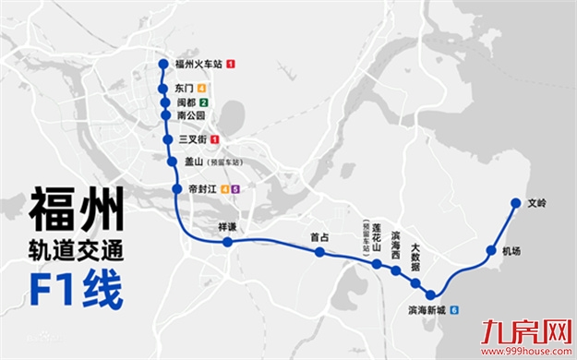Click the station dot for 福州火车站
pyautogui.click(x=165, y=64)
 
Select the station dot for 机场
pyautogui.click(x=491, y=250)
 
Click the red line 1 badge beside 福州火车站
pyautogui.click(x=231, y=64)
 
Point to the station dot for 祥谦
pyautogui.click(x=228, y=242)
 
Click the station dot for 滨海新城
pyautogui.click(x=430, y=294)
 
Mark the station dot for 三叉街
pyautogui.click(x=167, y=139)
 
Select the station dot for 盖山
pyautogui.click(x=172, y=162)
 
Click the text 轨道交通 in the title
pyautogui.click(x=76, y=249)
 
